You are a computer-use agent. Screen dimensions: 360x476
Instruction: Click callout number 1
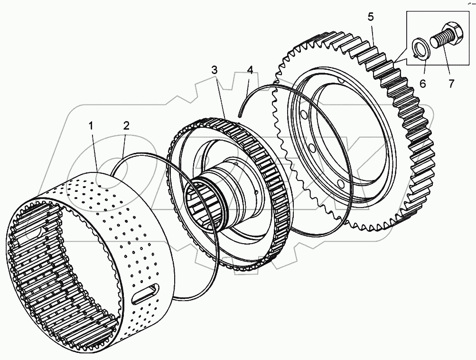click(91, 126)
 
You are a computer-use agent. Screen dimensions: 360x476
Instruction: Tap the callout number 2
click(126, 126)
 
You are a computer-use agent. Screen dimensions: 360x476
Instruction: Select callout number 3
click(215, 70)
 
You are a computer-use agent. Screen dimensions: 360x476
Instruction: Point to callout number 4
click(250, 70)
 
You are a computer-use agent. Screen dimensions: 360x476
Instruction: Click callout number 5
click(370, 17)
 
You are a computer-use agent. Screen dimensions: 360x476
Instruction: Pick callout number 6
click(422, 84)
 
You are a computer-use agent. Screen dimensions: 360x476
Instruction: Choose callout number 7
click(451, 84)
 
